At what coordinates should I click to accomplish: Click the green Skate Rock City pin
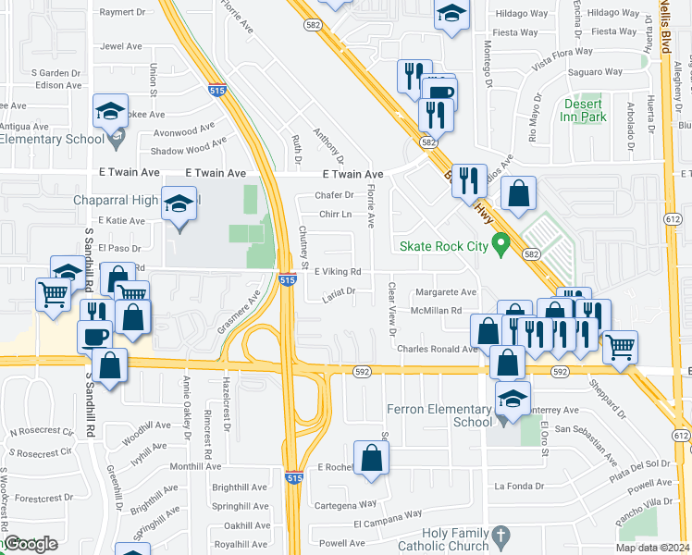tap(501, 246)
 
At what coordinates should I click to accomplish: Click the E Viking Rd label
tap(337, 272)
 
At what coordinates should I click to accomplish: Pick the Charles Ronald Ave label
tap(437, 349)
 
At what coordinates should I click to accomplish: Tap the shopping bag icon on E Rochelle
tap(371, 459)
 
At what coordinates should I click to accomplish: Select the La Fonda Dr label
tap(525, 486)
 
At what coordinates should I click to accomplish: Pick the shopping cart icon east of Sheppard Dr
tap(620, 347)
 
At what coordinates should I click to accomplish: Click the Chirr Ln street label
tap(336, 215)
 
